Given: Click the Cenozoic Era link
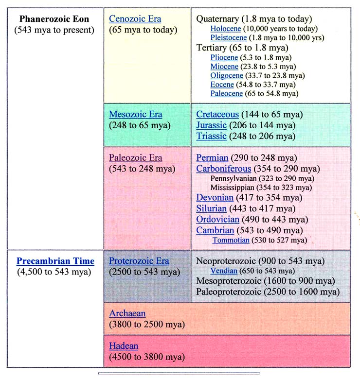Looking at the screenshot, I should [x=135, y=19].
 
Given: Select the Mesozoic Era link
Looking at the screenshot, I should [x=135, y=115].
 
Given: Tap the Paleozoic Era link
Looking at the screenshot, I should [x=135, y=158].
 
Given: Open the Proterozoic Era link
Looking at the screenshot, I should [x=139, y=261].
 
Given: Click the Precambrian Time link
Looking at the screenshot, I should [x=55, y=261].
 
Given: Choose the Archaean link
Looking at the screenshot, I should [x=127, y=313].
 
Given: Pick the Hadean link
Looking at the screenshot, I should [x=124, y=346].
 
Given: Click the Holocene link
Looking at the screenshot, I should [x=227, y=29].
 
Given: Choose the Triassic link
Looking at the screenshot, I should [x=211, y=136].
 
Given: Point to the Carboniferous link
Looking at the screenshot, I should [x=224, y=169].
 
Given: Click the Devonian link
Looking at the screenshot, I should [x=215, y=198].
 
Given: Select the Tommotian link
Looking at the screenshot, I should [x=231, y=240].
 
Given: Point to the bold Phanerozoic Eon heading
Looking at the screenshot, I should [x=54, y=19].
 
